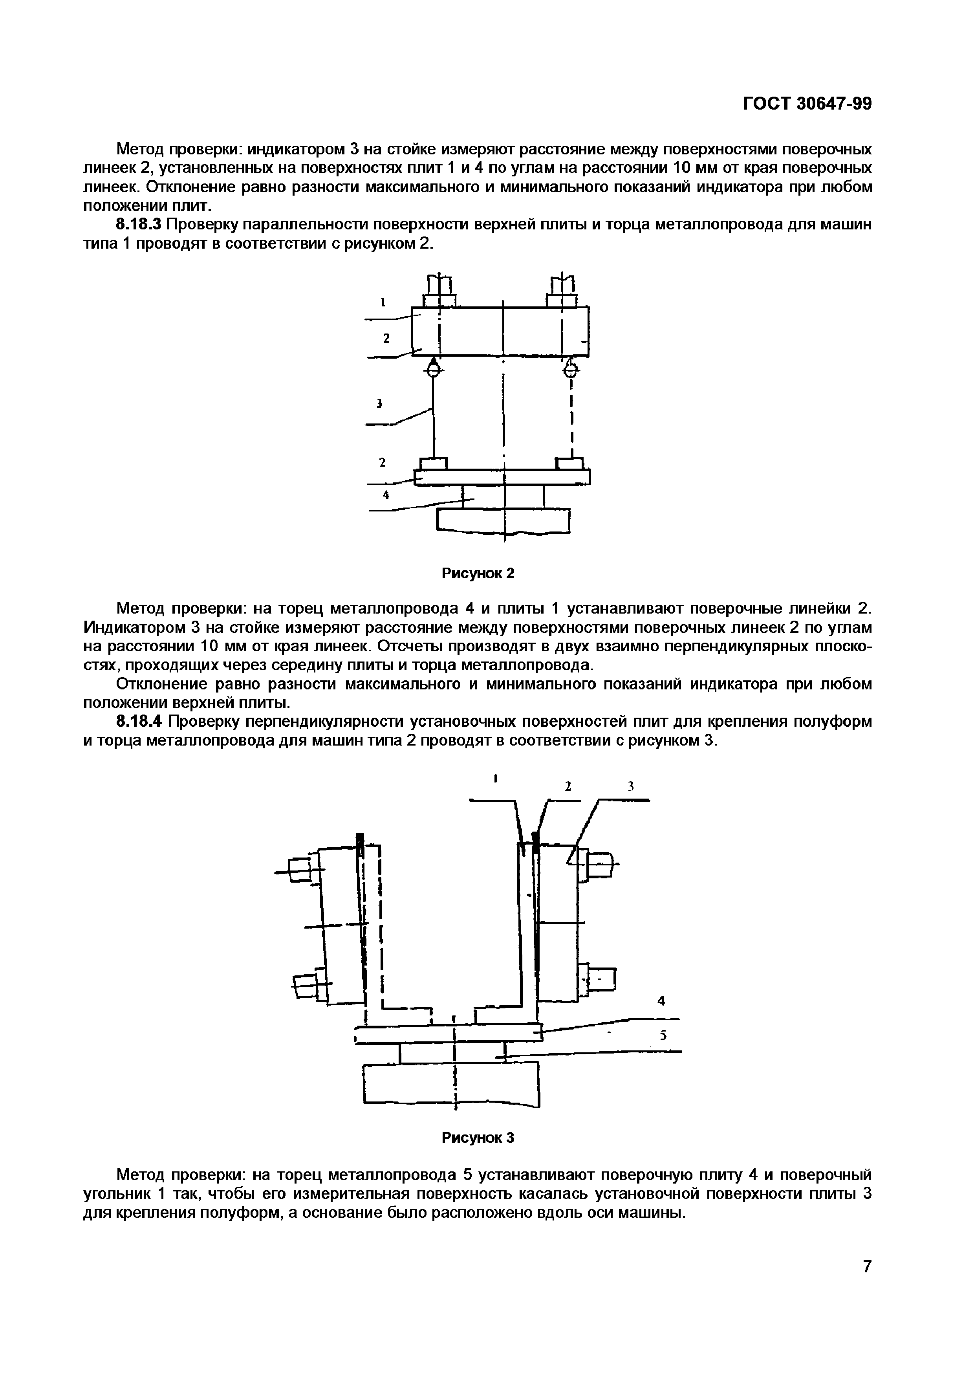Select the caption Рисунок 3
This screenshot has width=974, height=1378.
pyautogui.click(x=478, y=1137)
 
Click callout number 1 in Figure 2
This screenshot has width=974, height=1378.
pyautogui.click(x=382, y=302)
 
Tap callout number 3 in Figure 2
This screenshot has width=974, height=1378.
pyautogui.click(x=379, y=403)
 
